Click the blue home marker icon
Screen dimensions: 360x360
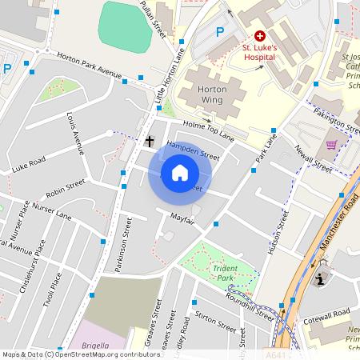[x=179, y=173]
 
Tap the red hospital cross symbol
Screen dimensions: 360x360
[x=260, y=36]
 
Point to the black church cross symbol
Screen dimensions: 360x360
[x=150, y=142]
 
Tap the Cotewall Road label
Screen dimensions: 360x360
[x=328, y=311]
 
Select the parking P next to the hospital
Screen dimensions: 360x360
[x=220, y=32]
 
